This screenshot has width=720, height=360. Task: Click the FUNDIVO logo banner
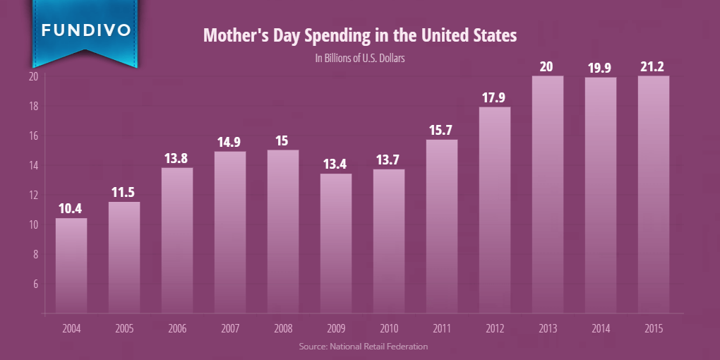(x=85, y=31)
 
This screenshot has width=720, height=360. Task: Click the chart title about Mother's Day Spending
(x=360, y=35)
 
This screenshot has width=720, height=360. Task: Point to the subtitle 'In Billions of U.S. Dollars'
(x=360, y=59)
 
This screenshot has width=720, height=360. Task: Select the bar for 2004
(x=71, y=265)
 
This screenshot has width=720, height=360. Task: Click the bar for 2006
(x=177, y=239)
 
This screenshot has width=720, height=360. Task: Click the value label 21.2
(x=654, y=66)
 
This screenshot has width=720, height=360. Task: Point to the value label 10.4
(x=71, y=209)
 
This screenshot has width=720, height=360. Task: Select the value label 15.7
(x=442, y=130)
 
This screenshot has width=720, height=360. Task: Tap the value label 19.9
(x=601, y=68)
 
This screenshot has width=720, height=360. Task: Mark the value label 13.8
(x=177, y=158)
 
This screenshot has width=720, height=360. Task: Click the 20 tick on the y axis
(x=32, y=76)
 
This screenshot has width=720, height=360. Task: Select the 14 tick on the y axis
(x=32, y=165)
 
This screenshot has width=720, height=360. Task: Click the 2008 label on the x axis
(x=283, y=328)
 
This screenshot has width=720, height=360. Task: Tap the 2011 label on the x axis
(x=442, y=328)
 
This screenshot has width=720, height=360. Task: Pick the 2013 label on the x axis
(x=548, y=328)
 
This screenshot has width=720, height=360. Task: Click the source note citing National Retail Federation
(x=363, y=347)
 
